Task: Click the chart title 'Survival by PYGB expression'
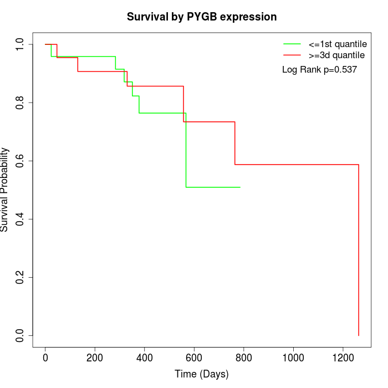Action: tap(202, 17)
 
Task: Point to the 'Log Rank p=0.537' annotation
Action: tap(319, 70)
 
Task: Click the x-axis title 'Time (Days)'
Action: tap(202, 374)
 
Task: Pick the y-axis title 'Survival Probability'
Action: tap(5, 190)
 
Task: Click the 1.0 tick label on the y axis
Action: tap(21, 44)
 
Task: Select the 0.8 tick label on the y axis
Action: tap(21, 103)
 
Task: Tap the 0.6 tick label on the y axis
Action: tap(21, 161)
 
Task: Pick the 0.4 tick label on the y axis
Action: tap(21, 219)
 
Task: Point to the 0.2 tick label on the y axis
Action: tap(21, 277)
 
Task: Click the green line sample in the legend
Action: tap(292, 44)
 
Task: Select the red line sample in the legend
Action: tap(292, 55)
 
